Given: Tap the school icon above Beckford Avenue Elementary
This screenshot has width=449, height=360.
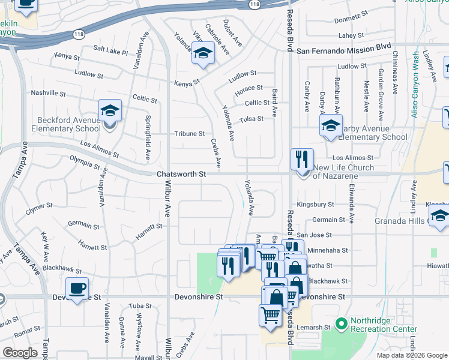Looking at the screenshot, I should (x=110, y=110).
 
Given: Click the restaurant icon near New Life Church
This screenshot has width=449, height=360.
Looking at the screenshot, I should (x=301, y=160).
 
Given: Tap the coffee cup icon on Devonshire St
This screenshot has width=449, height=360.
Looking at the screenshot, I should (x=77, y=288).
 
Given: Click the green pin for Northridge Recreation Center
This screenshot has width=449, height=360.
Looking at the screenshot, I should (x=342, y=325).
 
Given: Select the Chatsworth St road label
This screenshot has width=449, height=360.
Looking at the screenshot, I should (x=181, y=174).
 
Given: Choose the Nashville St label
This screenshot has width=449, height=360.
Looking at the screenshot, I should (x=48, y=94).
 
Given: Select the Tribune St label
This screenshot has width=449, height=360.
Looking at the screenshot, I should (x=189, y=134).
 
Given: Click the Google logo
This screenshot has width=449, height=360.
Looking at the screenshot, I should (x=20, y=353).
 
